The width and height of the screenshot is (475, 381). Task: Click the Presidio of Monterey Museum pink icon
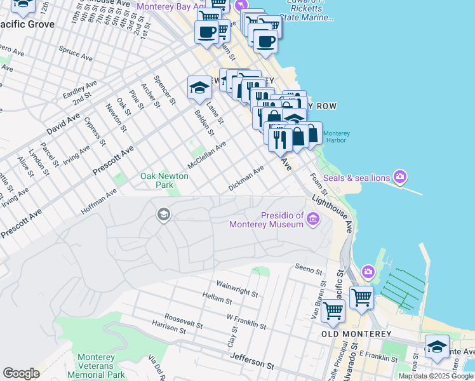tap(312, 220)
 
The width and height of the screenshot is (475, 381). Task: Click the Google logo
tap(21, 373)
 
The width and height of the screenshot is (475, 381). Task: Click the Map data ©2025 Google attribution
tap(436, 376)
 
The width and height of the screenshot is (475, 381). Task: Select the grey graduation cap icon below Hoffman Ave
tap(163, 215)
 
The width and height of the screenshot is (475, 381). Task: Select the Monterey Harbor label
tap(336, 137)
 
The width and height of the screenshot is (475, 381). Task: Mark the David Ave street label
tap(64, 126)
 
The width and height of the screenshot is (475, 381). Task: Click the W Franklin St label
tap(246, 320)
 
